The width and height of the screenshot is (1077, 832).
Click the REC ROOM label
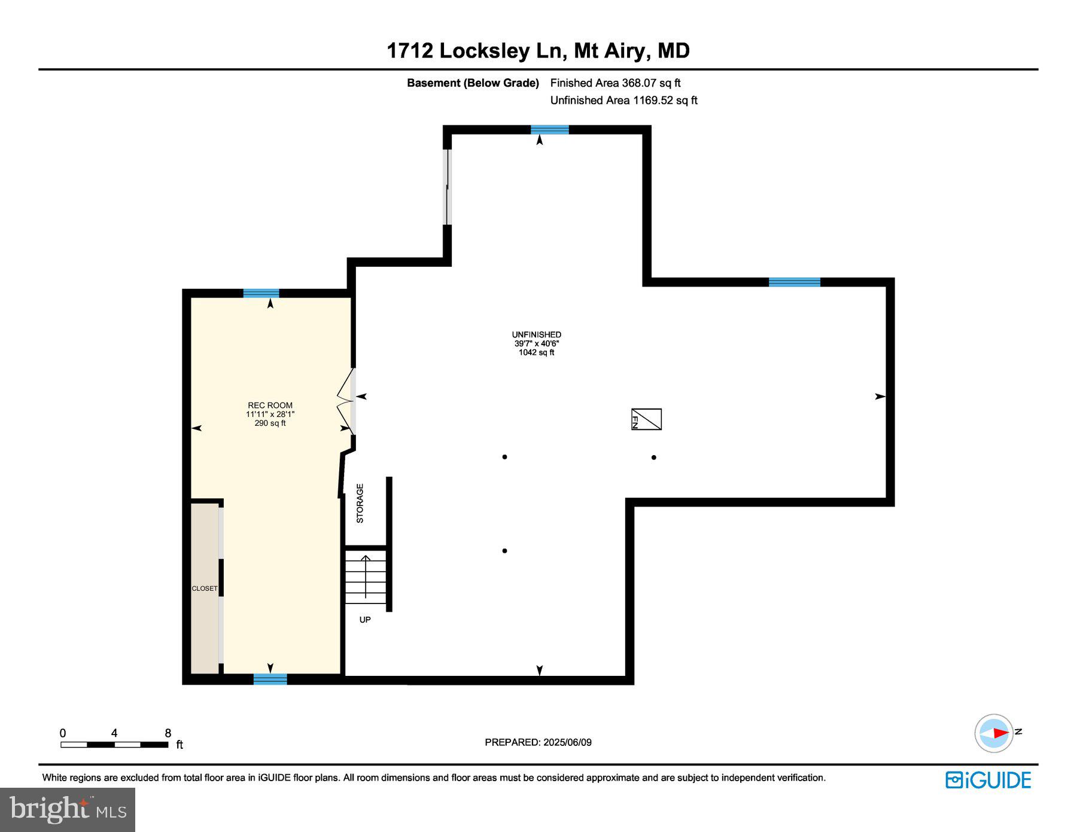pos(270,406)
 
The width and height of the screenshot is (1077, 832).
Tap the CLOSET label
pos(205,589)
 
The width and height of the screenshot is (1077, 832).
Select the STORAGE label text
pos(360,503)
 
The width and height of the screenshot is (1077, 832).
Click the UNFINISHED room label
pos(536,335)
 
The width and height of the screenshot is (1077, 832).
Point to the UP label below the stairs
pos(365,620)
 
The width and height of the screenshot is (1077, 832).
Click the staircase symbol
pos(366,577)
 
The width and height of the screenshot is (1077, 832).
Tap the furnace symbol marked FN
pos(646,419)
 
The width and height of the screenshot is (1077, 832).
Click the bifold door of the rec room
pos(346,401)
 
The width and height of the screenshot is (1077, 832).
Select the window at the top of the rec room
pos(261,293)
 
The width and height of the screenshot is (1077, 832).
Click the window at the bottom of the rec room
pos(270,679)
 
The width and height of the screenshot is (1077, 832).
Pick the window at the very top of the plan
pos(549,129)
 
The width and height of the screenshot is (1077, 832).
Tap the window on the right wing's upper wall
pos(794,282)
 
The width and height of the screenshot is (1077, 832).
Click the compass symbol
pos(994,733)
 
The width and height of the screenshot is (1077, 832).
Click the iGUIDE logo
pos(988,780)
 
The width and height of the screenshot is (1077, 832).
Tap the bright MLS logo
pos(68,810)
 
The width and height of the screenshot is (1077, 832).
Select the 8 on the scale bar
pos(168,733)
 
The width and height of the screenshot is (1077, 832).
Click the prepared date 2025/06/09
pos(567,742)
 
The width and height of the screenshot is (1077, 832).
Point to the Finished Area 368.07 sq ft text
pos(615,83)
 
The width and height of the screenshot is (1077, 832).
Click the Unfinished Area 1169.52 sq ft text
pos(623,100)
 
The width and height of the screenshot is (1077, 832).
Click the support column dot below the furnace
pos(654,458)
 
